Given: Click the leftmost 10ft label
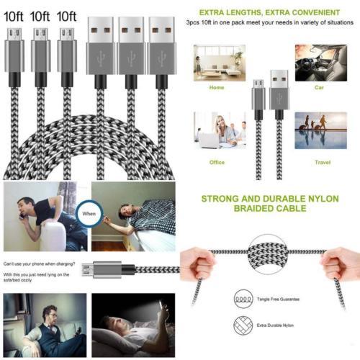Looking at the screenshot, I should coord(14,15).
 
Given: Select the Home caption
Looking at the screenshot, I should coord(217,88).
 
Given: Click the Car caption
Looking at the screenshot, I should coord(320,88).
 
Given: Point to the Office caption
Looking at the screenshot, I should coord(217,162).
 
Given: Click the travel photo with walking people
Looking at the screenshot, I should coord(320,130).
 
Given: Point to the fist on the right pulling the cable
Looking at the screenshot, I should coord(341,263).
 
